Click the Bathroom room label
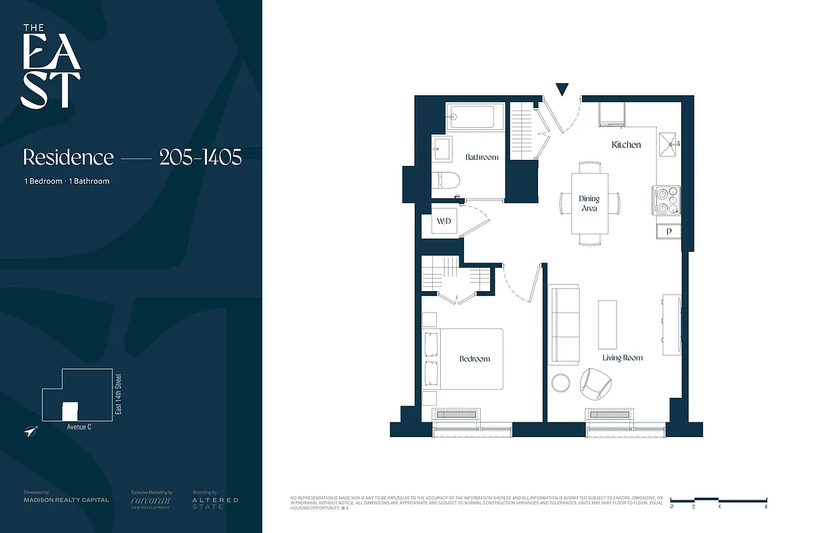point(481,157)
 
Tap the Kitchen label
point(626,145)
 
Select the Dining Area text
point(589,203)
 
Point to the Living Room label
point(623,358)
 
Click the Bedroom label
point(474,358)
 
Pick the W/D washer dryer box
point(444,221)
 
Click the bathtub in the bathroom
point(470,117)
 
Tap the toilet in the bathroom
point(443,179)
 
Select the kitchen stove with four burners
point(668,201)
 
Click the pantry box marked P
point(669,231)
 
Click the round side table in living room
point(561,383)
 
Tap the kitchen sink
point(668,141)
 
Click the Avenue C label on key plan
point(79,427)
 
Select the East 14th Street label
point(119,395)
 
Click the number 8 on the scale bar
point(766,508)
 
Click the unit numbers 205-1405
point(200,157)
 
